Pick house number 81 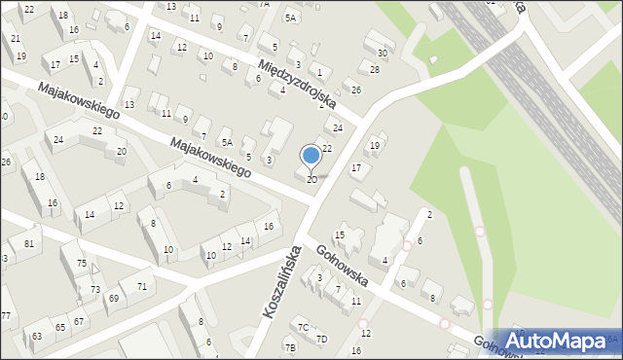30,242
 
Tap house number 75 83,264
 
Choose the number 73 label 95,290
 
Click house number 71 141,286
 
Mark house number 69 114,298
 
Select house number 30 383,53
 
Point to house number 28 375,70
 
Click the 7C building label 304,327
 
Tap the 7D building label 322,339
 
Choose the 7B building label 290,347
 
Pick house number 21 16,38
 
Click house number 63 37,336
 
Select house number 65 60,328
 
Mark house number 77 6,315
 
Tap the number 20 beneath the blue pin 311,180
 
